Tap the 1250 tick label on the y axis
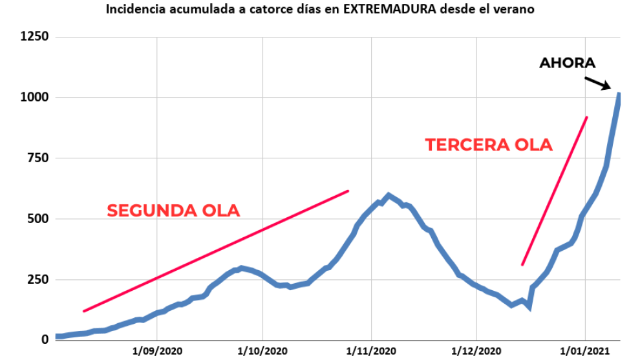point(34,37)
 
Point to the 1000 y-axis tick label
point(34,98)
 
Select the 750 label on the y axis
point(37,158)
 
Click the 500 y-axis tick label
point(37,219)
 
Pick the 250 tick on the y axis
point(37,279)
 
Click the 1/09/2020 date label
point(157,351)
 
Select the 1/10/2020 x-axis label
point(263,351)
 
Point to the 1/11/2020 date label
point(371,351)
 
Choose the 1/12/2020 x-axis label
point(476,351)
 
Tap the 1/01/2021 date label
point(585,351)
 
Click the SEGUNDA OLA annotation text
point(173,211)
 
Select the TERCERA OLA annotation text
point(489,145)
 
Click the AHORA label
point(567,63)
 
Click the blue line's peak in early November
point(388,195)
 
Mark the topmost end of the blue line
point(619,95)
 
